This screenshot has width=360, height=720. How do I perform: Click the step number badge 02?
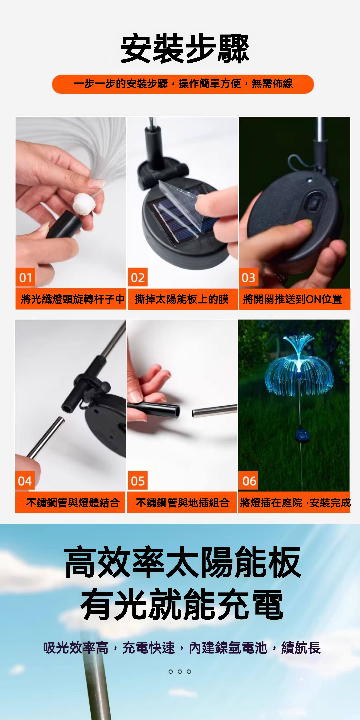click(137, 278)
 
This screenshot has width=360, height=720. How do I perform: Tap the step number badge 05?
click(137, 481)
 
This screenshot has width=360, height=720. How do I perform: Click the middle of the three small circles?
click(180, 671)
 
